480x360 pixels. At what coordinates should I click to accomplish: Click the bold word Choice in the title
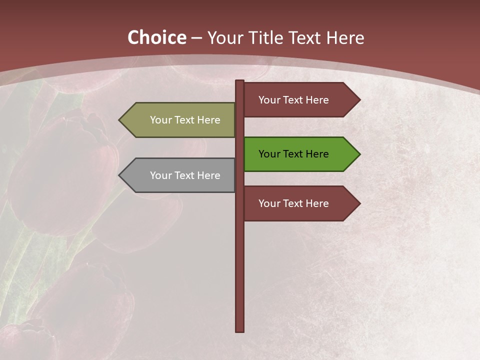tap(156, 37)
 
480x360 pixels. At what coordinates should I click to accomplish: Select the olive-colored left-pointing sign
tap(180, 120)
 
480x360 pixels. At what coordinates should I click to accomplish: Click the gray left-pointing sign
tap(180, 175)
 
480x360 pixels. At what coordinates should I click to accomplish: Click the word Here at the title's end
tap(345, 37)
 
